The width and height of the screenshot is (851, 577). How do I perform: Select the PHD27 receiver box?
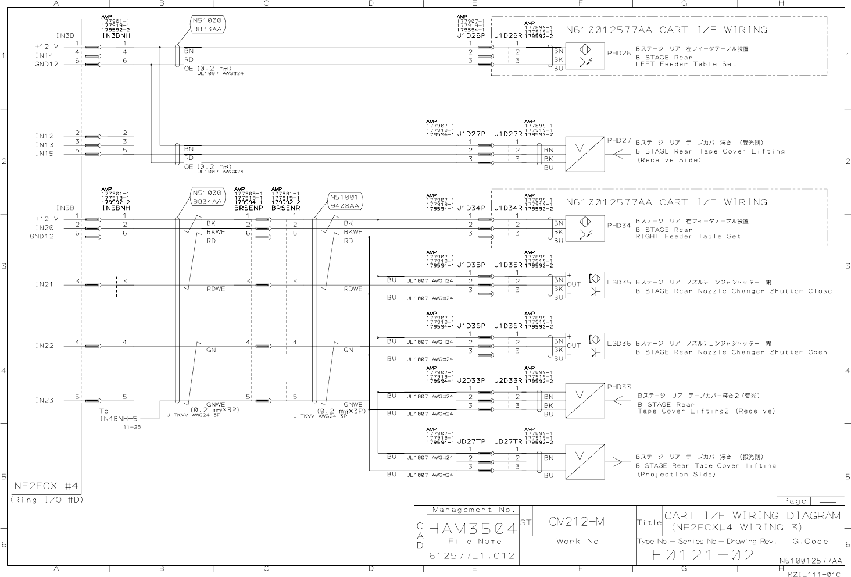pyautogui.click(x=585, y=154)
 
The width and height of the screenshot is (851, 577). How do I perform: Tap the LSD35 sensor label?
pyautogui.click(x=618, y=282)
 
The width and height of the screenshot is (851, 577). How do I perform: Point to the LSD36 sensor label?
pyautogui.click(x=618, y=344)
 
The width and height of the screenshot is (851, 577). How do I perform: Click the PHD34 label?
pyautogui.click(x=618, y=225)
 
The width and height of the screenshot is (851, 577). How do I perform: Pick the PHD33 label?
pyautogui.click(x=618, y=387)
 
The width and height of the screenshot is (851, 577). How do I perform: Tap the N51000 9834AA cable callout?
pyautogui.click(x=208, y=197)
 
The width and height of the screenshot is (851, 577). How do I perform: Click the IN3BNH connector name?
pyautogui.click(x=116, y=35)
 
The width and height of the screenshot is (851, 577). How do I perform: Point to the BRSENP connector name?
pyautogui.click(x=249, y=207)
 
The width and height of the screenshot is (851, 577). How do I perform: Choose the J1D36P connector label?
pyautogui.click(x=471, y=326)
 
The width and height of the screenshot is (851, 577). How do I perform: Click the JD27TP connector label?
pyautogui.click(x=471, y=441)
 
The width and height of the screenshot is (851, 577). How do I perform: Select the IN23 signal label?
pyautogui.click(x=44, y=400)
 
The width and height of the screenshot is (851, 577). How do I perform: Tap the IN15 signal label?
pyautogui.click(x=44, y=154)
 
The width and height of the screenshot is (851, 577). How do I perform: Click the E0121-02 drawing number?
pyautogui.click(x=703, y=555)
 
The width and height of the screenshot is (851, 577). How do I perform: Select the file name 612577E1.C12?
pyautogui.click(x=471, y=555)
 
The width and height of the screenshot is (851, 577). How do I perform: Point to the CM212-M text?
pyautogui.click(x=577, y=522)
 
